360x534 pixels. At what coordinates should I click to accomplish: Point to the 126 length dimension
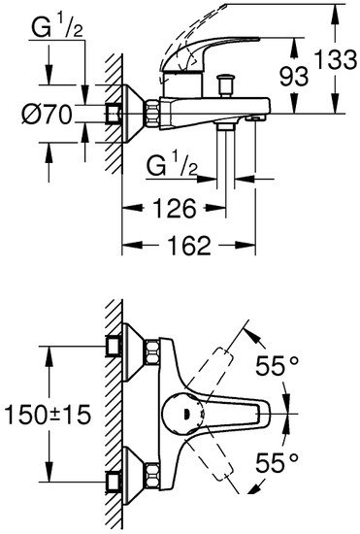pos(177,207)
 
